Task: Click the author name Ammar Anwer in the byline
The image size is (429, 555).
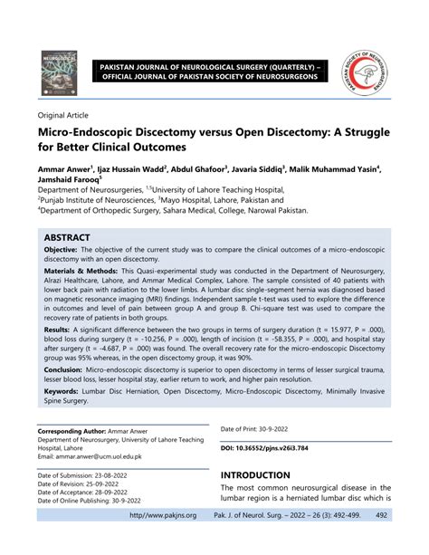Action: (68, 168)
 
